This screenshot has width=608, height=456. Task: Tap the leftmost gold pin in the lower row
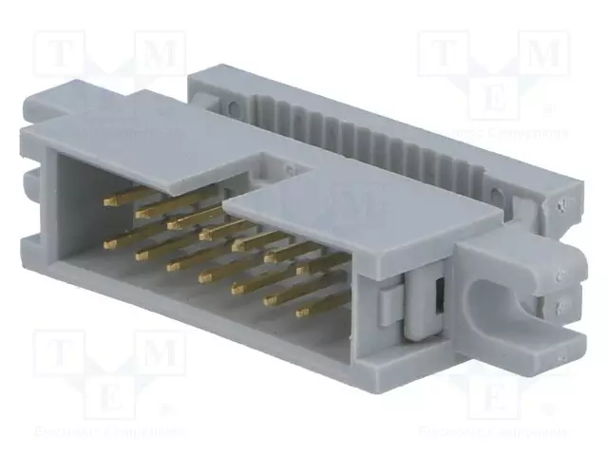coord(108,243)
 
